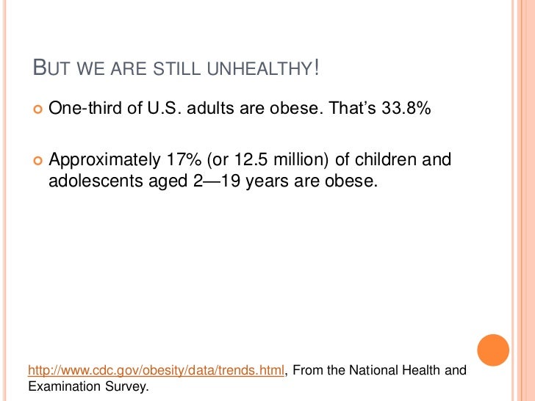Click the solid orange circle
click(492, 350)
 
